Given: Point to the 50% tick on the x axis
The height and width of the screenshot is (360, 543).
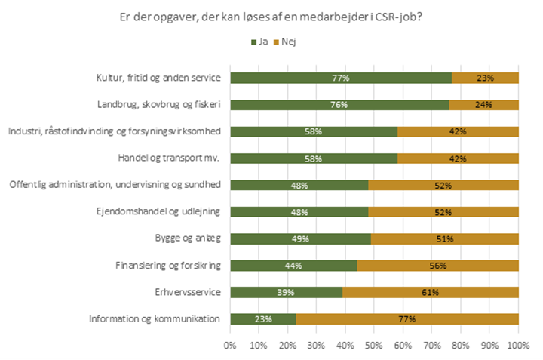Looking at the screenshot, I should [x=374, y=345].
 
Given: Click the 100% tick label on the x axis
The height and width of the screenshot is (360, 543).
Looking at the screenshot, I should [x=518, y=345].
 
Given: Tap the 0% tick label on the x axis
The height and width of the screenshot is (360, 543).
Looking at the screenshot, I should [x=230, y=345].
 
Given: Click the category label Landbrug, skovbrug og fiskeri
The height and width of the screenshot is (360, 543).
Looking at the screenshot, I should [x=159, y=104].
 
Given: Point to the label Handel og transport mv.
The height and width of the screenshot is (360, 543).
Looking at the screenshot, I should [x=173, y=158].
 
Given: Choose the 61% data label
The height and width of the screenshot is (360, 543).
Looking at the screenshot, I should [x=430, y=292].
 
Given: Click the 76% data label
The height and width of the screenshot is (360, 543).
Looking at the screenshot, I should [x=339, y=105].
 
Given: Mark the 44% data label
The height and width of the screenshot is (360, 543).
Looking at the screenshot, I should [x=293, y=265].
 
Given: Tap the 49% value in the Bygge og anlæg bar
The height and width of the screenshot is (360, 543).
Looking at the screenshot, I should [x=300, y=238].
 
